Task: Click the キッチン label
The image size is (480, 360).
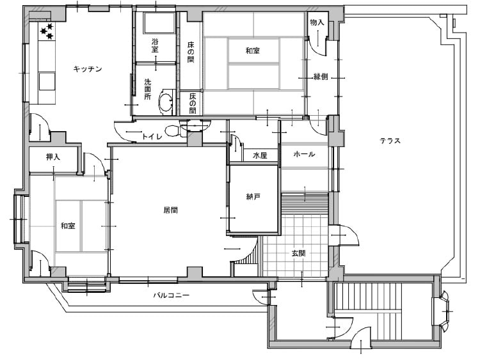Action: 88,69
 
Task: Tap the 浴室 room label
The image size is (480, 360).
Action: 156,45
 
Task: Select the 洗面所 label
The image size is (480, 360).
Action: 148,90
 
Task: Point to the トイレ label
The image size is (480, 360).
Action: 152,136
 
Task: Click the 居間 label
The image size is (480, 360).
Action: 171,210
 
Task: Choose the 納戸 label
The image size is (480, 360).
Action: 253,197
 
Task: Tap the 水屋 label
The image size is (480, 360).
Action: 260,155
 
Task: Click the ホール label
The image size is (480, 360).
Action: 304,154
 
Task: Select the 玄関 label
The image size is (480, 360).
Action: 298,253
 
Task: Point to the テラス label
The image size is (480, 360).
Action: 390,141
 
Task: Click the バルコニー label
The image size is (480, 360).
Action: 172,295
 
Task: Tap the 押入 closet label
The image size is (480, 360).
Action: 53,157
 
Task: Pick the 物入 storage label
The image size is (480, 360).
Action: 317,22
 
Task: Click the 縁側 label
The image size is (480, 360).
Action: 321,77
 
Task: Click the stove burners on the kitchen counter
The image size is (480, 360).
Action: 47,31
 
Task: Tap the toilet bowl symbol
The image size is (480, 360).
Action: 173,130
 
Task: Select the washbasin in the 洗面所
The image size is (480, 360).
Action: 166,102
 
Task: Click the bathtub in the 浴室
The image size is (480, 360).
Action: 158,23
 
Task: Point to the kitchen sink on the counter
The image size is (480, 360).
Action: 47,81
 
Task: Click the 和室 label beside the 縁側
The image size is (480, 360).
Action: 253,51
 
